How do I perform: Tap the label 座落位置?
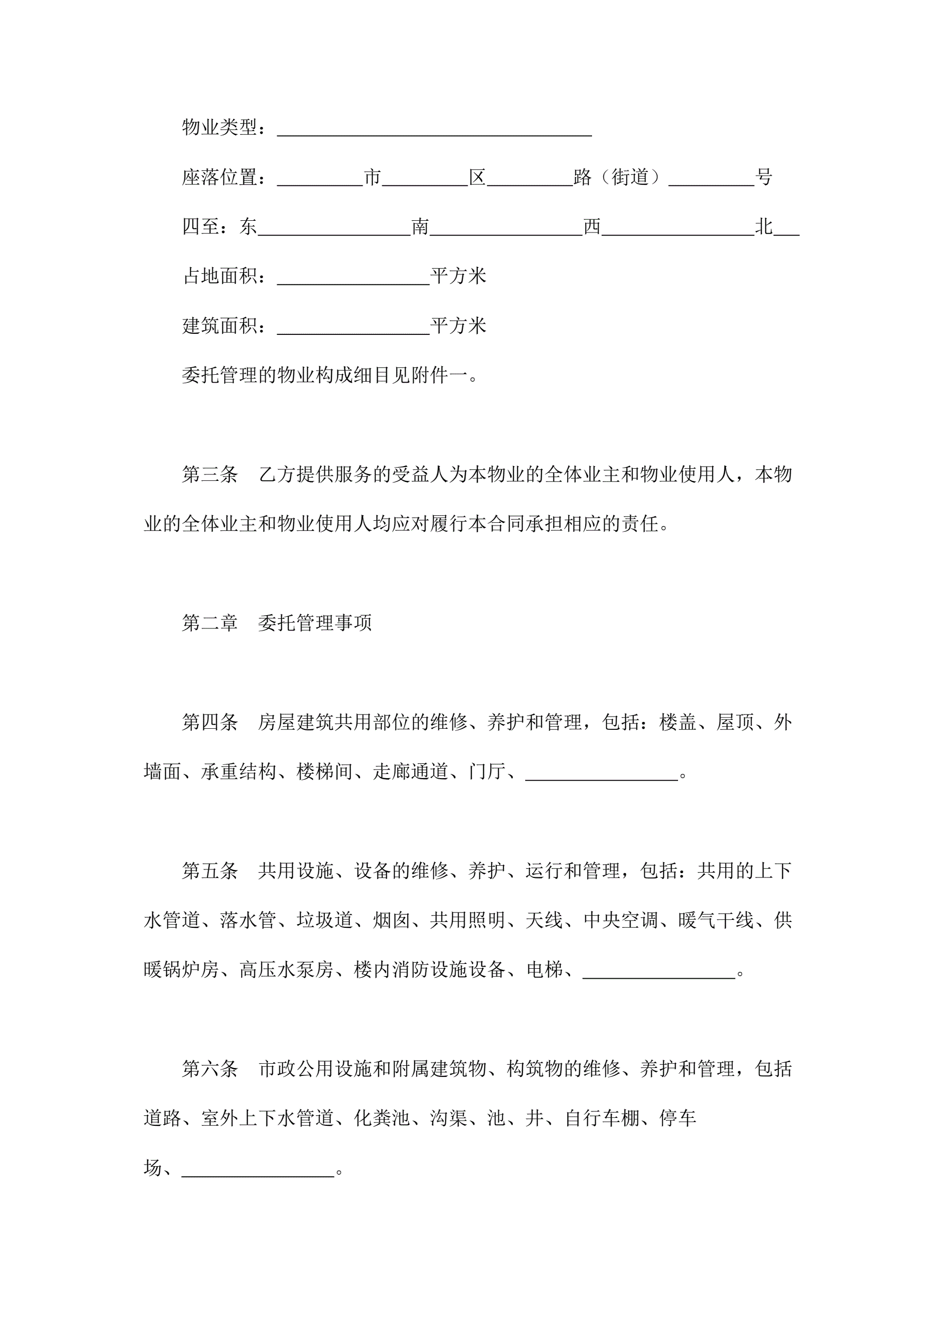click(219, 177)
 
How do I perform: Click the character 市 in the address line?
click(373, 177)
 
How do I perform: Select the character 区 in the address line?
click(477, 177)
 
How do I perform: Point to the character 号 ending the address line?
click(764, 177)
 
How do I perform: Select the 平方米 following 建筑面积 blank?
click(458, 326)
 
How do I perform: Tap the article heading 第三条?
click(210, 474)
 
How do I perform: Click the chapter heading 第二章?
click(210, 623)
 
